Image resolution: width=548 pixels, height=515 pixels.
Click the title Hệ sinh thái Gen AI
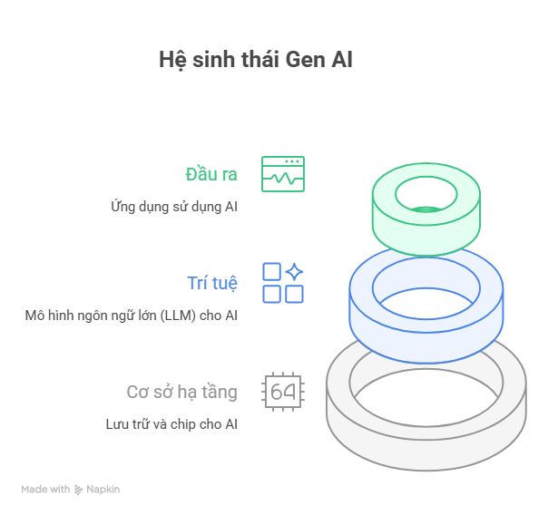tap(255, 61)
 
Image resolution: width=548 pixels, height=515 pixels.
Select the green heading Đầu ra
tap(211, 174)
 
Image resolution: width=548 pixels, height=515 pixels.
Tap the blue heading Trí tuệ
tap(212, 283)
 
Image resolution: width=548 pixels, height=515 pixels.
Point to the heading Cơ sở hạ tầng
tap(181, 392)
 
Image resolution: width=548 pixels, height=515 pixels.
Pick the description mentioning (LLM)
tap(132, 316)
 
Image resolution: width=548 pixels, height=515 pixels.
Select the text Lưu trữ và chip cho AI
tap(171, 424)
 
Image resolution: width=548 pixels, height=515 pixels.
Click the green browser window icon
tap(282, 174)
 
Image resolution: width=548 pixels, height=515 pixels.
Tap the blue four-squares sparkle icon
tap(282, 283)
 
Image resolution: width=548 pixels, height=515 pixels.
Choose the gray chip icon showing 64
tap(282, 392)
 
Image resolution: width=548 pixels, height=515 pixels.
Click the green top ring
tap(426, 231)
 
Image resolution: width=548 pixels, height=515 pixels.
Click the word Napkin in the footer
tap(103, 490)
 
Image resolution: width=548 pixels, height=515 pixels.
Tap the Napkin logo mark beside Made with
tap(79, 490)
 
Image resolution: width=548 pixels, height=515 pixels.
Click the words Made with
tap(45, 490)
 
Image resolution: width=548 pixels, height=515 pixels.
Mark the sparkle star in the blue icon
tap(294, 272)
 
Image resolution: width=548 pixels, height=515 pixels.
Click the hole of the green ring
tap(426, 192)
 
